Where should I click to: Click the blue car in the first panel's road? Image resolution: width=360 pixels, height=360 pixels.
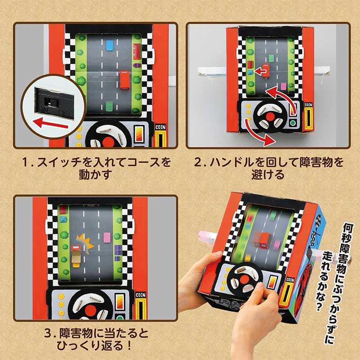pos(109,45)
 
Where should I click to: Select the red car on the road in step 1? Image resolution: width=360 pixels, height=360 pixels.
pos(125,80)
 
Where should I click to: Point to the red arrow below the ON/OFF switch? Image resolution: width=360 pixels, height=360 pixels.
pos(50,123)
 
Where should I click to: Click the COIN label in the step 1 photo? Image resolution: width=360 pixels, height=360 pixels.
pos(161,127)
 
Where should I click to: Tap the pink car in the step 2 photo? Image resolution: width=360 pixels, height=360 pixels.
pos(283,86)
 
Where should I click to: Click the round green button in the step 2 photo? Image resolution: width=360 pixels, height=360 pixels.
pos(293,123)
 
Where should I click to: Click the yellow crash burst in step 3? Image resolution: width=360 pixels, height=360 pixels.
pos(85,243)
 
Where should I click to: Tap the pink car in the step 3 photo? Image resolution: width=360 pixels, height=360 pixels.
pos(107,238)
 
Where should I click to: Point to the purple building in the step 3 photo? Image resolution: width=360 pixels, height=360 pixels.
pos(118,252)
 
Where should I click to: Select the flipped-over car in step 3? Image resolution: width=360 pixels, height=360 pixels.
pos(76,257)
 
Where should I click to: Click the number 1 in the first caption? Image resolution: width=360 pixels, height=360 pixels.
pos(25,162)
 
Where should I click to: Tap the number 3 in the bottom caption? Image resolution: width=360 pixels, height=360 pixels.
pos(47,333)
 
